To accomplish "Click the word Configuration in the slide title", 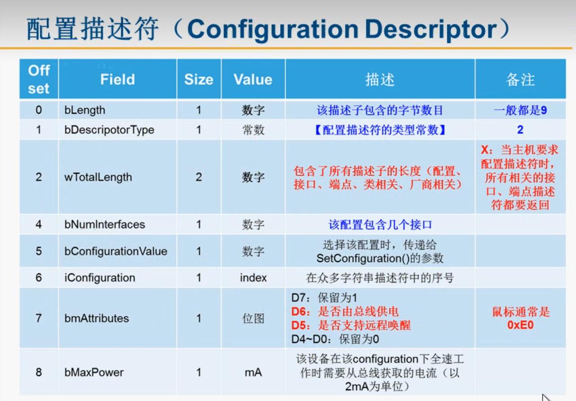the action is click(273, 29).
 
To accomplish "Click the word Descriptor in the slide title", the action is click(431, 29).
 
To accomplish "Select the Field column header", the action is click(117, 79).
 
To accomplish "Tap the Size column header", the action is click(198, 80).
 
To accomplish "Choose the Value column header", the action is click(253, 80).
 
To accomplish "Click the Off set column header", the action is click(39, 79).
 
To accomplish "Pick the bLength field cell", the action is click(85, 110).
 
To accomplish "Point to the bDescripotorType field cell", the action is click(109, 130).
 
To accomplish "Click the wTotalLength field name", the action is click(98, 177).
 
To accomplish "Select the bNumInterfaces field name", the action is click(105, 224).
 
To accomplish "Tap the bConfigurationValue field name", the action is click(116, 251).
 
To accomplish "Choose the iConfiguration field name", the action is click(100, 278).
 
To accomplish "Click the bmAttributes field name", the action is click(96, 318).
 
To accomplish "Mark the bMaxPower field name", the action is click(94, 372).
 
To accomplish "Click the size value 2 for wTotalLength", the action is click(198, 177).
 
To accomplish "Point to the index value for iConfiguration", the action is click(253, 278).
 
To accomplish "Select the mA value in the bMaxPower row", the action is click(253, 373).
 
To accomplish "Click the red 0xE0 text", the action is click(520, 325).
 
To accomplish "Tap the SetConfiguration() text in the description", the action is click(363, 258).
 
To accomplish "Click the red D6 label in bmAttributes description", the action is click(298, 312).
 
